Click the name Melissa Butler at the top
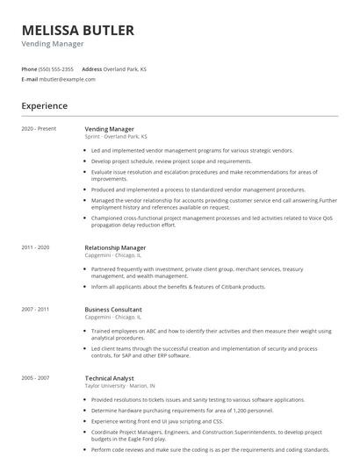point(78,31)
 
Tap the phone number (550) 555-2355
point(57,68)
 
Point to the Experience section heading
point(45,106)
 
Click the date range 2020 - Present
point(39,129)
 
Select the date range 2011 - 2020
point(36,248)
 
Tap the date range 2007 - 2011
point(36,310)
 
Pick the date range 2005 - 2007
point(36,378)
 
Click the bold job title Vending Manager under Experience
point(110,129)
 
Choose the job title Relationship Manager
point(115,248)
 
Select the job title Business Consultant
point(114,310)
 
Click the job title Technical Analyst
point(110,378)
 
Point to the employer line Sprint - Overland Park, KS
point(116,137)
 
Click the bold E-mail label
point(30,79)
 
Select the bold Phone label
point(30,68)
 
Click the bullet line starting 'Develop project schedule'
point(171,161)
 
